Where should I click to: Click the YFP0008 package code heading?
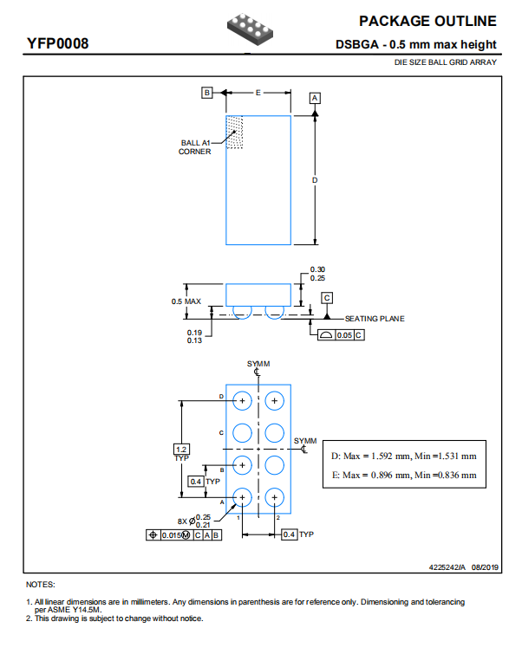pos(57,43)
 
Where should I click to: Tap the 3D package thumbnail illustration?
pos(250,29)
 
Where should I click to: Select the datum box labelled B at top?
pos(207,92)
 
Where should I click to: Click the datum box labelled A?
pos(315,98)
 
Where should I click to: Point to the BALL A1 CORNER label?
pos(194,147)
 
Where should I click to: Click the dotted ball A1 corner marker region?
pos(234,133)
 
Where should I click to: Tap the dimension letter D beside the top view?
pos(315,180)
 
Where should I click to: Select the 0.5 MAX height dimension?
pos(186,301)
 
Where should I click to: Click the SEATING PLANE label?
pos(375,319)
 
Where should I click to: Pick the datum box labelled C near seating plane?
pos(327,298)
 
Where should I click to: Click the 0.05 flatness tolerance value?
pos(344,335)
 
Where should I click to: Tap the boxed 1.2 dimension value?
pos(181,450)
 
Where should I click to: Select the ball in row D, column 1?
pos(242,401)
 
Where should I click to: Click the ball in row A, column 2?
pos(274,497)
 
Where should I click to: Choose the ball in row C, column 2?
pos(274,433)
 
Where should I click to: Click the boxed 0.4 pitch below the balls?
pos(290,534)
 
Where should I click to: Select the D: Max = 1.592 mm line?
pos(404,456)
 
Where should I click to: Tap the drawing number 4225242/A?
pos(447,567)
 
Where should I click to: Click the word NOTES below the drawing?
pos(41,585)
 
